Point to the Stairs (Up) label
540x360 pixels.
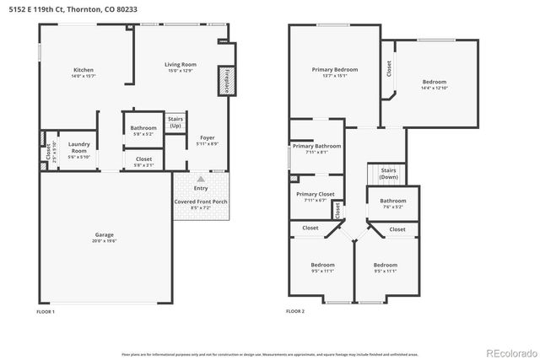tap(175, 123)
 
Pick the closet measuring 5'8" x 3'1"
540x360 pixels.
tap(143, 160)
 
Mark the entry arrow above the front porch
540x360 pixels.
tap(200, 179)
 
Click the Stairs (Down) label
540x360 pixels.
tap(388, 174)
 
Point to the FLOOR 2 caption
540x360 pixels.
tap(296, 312)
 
